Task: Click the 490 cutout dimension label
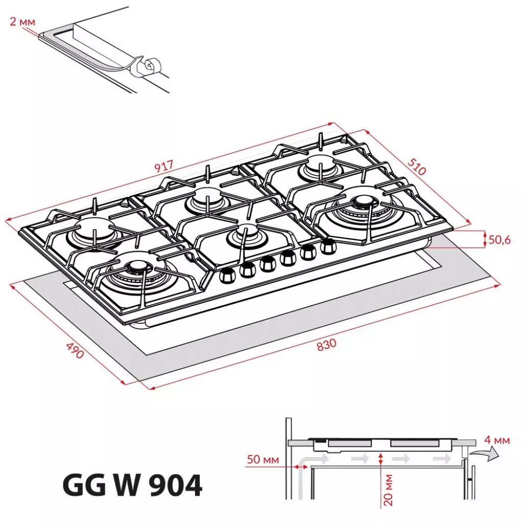(75, 350)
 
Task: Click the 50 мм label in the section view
(263, 460)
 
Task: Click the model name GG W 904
(132, 485)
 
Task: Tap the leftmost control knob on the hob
(227, 276)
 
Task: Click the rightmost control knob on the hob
(327, 247)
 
